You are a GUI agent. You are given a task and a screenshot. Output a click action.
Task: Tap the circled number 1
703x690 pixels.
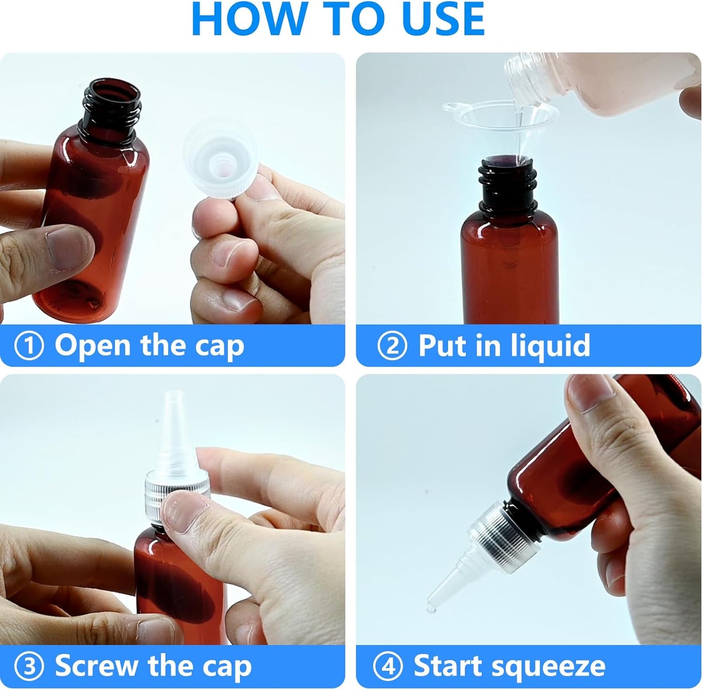[29, 346]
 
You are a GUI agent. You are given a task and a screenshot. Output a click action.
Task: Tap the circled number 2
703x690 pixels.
[392, 346]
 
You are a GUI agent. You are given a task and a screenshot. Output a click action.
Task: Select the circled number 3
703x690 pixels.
[29, 666]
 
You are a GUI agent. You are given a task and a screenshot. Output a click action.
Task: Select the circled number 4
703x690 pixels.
[388, 666]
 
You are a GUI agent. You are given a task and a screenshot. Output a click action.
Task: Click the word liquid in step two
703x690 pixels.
[550, 346]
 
